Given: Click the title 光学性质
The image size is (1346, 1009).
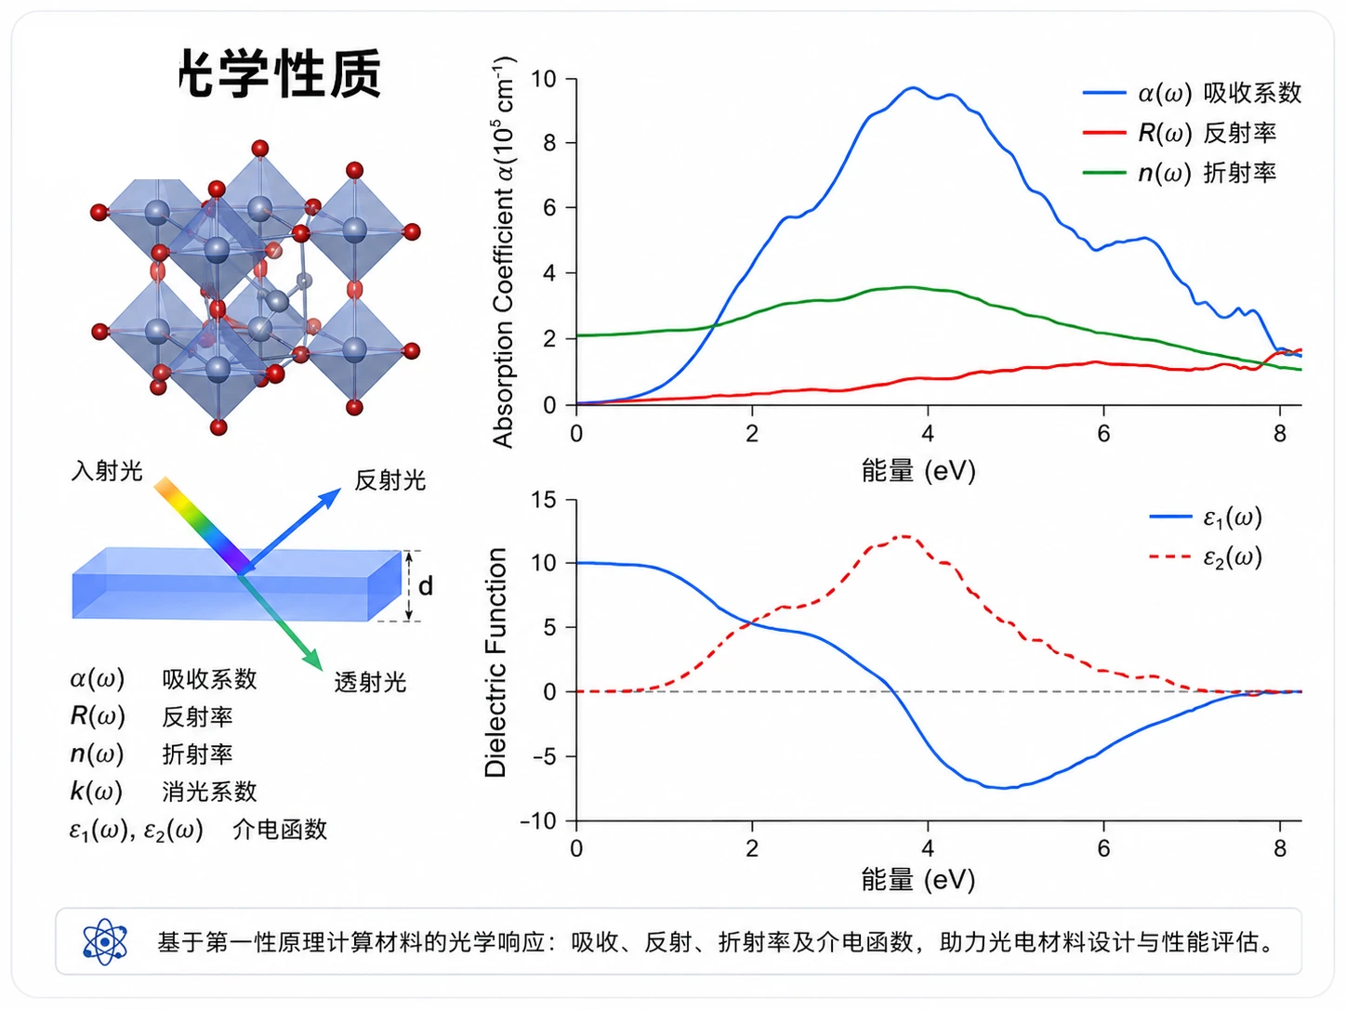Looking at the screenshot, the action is (x=281, y=73).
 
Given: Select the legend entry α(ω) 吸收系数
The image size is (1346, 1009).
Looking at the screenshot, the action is (x=1192, y=93).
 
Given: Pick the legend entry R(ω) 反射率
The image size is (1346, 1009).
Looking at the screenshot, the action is (x=1180, y=133).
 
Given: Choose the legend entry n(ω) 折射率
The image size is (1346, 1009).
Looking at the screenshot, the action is (x=1180, y=173).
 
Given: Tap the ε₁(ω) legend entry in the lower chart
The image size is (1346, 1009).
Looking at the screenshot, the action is (x=1205, y=518).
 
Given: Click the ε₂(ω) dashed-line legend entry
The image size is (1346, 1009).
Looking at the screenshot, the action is (x=1205, y=557).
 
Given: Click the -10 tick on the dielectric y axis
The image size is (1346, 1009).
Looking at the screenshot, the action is (x=538, y=821).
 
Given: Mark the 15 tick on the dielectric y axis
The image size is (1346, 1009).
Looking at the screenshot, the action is (x=543, y=500).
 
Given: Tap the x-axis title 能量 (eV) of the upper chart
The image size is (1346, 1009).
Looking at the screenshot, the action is (x=918, y=470).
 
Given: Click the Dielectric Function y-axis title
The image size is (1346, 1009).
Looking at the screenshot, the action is (x=495, y=662).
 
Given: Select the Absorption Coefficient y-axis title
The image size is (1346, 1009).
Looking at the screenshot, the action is (x=503, y=252).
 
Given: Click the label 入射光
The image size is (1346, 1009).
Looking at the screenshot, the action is (x=107, y=471).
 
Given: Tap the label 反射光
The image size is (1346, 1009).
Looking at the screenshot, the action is (x=390, y=480).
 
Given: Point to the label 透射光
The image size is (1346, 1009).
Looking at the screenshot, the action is (x=370, y=682).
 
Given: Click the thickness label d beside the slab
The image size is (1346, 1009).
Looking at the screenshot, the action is (x=426, y=586).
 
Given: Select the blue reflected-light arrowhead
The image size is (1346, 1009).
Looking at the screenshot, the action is (x=330, y=497).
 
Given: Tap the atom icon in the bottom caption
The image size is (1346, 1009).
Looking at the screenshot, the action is (x=105, y=941).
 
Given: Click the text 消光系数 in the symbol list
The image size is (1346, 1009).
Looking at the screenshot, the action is (x=209, y=792).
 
